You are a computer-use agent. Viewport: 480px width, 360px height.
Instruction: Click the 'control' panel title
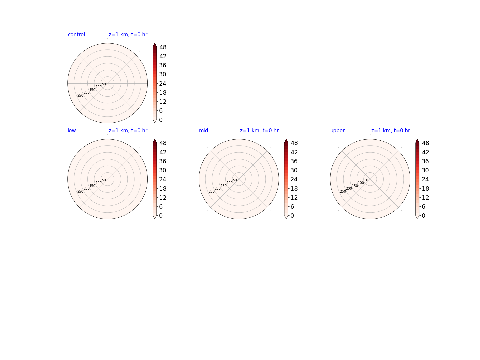(76, 35)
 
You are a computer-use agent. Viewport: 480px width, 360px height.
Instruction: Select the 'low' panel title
(72, 130)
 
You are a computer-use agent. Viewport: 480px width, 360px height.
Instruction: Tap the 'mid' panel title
(203, 130)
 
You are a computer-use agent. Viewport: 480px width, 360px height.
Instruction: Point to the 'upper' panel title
(337, 131)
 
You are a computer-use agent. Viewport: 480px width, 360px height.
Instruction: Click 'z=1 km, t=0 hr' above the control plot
(128, 35)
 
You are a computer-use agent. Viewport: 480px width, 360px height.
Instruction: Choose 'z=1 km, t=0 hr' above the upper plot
(391, 130)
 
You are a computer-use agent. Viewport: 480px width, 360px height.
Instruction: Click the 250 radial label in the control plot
(80, 96)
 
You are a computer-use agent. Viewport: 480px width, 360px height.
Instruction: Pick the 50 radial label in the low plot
(104, 180)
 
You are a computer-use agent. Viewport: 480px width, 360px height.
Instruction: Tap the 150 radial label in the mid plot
(223, 186)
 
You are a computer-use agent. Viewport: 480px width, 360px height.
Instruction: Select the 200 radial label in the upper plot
(349, 188)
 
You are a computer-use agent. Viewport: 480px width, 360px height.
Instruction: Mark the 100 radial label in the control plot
(99, 87)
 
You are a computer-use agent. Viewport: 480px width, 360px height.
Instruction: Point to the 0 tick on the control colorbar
(161, 120)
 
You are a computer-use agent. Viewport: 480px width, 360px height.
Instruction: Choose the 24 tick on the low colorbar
(163, 179)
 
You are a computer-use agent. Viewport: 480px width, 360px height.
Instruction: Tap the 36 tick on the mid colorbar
(294, 161)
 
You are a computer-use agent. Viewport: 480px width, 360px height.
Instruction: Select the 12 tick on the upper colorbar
(425, 198)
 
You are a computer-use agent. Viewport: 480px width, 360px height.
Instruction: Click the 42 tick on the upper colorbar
(425, 152)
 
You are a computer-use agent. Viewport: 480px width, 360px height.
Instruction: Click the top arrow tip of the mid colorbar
(286, 139)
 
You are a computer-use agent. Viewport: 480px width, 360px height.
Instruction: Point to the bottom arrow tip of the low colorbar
(155, 219)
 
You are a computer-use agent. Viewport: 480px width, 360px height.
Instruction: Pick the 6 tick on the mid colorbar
(292, 207)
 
